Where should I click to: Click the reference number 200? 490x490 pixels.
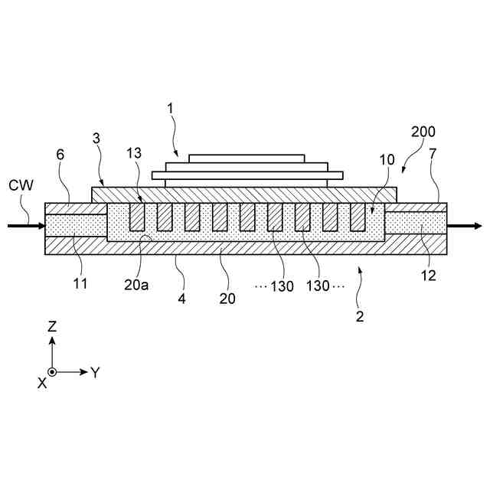[x=426, y=132]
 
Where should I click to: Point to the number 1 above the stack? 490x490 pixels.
[x=171, y=109]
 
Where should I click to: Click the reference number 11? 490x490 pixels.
[x=80, y=283]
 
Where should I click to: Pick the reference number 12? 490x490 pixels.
[x=429, y=276]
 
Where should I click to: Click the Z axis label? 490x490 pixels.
[x=52, y=325]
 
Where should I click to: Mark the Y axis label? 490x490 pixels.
[x=95, y=373]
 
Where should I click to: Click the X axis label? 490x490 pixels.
[x=42, y=383]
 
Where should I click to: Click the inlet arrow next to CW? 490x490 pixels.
[x=23, y=226]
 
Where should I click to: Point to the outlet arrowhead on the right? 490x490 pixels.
[x=477, y=226]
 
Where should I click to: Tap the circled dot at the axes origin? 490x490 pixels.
[x=52, y=372]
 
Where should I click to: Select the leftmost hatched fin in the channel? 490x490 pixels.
[x=138, y=217]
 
